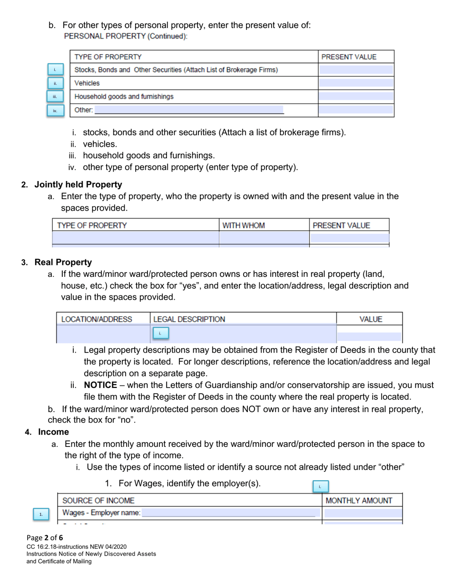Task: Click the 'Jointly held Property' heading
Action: point(78,184)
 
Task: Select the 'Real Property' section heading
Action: point(63,262)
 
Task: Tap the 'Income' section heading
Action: point(53,432)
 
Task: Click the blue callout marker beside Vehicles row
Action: point(55,83)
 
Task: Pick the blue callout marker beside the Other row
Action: point(55,111)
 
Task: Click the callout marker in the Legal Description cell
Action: point(160,333)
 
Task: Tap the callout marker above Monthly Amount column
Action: point(320,486)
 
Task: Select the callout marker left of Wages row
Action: point(41,515)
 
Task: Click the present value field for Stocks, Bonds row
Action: point(356,70)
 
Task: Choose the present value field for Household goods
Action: point(356,97)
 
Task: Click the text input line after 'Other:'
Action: point(189,110)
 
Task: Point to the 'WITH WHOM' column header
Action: point(244,225)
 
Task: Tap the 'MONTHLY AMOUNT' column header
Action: point(362,500)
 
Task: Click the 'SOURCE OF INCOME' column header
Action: point(98,500)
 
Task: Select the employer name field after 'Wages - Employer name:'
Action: point(228,513)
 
